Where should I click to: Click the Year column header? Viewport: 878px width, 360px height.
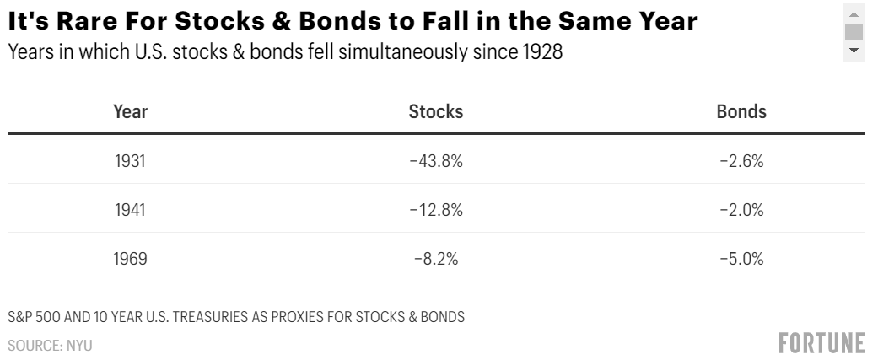(x=130, y=111)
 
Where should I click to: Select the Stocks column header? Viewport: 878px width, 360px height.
(x=436, y=111)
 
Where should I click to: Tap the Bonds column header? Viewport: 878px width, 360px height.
(x=741, y=111)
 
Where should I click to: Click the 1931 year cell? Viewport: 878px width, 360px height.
(x=130, y=161)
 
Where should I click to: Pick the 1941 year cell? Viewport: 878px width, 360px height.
(x=130, y=210)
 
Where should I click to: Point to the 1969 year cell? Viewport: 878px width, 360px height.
(x=130, y=259)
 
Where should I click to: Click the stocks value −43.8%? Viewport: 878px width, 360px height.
(x=436, y=161)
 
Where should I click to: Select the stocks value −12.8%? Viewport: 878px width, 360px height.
(x=436, y=210)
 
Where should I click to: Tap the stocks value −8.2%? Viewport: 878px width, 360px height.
(x=436, y=259)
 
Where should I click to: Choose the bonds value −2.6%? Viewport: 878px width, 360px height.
(x=741, y=161)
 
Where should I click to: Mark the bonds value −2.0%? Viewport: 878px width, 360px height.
(x=741, y=210)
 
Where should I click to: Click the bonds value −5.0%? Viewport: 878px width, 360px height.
(x=741, y=259)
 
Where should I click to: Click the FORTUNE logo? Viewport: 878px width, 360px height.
(x=821, y=342)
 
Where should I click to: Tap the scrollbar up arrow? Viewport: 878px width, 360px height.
(x=854, y=14)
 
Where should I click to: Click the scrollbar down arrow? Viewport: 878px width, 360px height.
(x=854, y=51)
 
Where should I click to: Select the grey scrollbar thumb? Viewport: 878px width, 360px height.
(x=854, y=33)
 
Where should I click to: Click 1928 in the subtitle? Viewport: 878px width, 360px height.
(x=543, y=51)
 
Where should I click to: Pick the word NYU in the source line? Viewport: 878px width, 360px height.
(x=78, y=345)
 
